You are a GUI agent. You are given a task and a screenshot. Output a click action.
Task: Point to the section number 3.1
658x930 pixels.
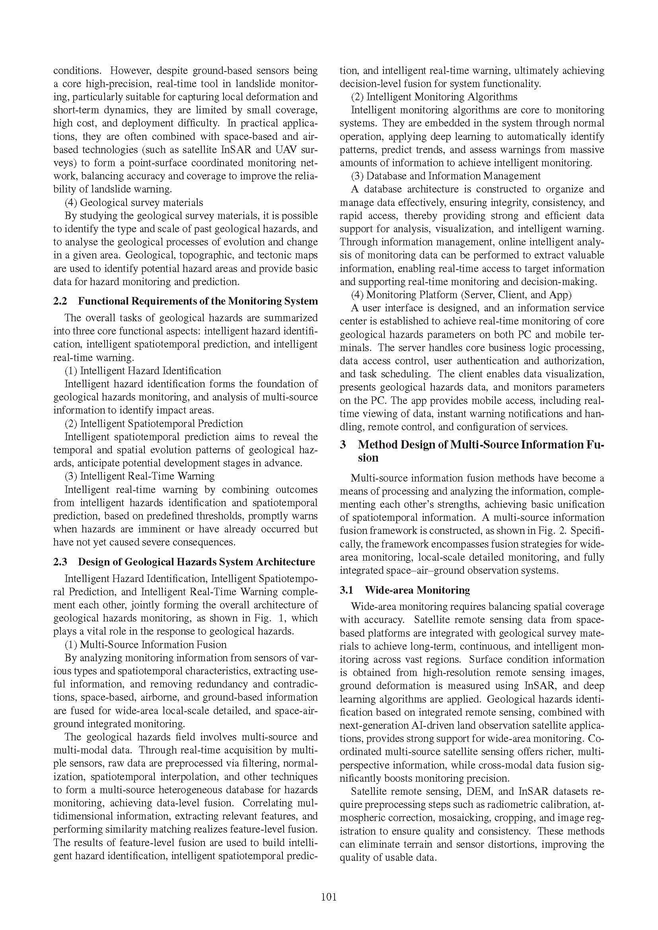[347, 590]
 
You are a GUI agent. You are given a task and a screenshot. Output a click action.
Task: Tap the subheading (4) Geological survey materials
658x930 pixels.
[134, 202]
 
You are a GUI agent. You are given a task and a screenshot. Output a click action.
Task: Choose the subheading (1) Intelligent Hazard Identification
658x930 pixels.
[143, 371]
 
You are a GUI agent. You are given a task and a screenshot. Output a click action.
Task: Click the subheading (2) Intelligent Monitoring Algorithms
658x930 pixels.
[434, 97]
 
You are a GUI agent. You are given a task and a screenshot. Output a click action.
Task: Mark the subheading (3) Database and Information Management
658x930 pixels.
[445, 176]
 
